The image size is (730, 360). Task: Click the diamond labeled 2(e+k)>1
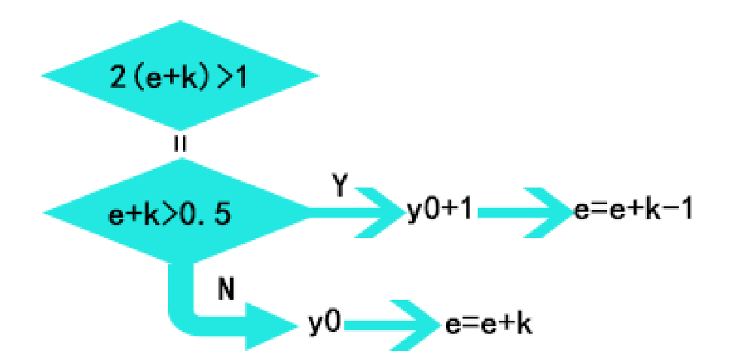click(179, 78)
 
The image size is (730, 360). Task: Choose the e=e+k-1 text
click(632, 212)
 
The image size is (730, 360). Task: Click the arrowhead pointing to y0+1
click(384, 212)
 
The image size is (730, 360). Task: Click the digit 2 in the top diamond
click(118, 78)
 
